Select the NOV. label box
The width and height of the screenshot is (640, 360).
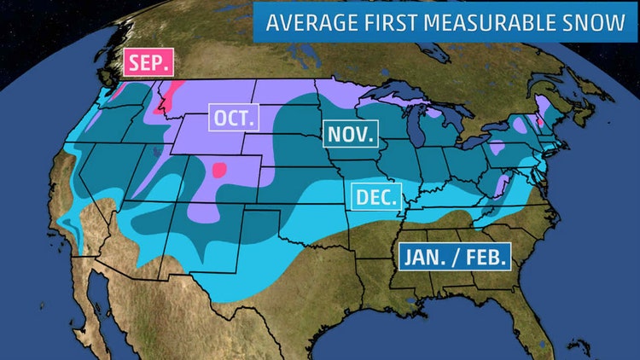[349, 135]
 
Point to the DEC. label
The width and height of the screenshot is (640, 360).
[375, 198]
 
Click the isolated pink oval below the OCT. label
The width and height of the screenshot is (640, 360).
[221, 170]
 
